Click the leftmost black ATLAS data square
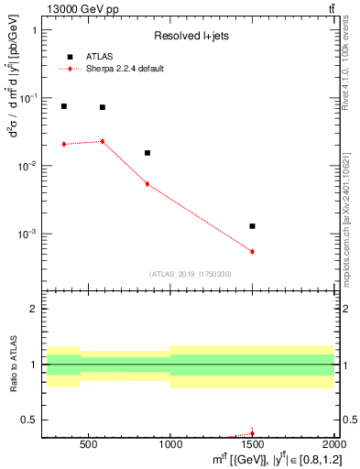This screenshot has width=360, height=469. click(x=63, y=106)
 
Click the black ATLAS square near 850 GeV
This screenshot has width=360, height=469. click(x=147, y=153)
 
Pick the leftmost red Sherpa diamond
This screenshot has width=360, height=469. click(x=63, y=144)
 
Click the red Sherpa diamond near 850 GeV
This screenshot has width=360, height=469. click(x=147, y=184)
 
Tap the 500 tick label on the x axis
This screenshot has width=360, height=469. click(x=88, y=443)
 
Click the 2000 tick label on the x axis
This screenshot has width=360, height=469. click(x=333, y=443)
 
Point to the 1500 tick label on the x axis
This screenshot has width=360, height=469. click(x=252, y=443)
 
